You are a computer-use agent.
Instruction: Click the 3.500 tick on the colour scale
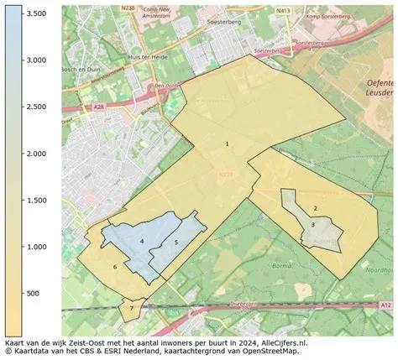tap(34, 13)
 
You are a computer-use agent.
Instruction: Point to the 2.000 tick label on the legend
tap(34, 154)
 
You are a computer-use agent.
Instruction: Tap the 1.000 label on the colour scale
tap(34, 247)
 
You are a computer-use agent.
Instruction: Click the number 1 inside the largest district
tap(227, 144)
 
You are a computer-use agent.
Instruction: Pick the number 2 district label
tap(315, 208)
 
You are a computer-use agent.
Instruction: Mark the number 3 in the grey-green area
tap(312, 224)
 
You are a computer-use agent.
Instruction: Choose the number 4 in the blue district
tap(143, 242)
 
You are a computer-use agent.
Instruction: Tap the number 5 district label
tap(176, 243)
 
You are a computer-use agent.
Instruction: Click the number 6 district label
tap(114, 268)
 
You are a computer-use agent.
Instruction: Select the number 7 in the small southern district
tap(132, 309)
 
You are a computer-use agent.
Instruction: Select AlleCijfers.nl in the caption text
tap(281, 343)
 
